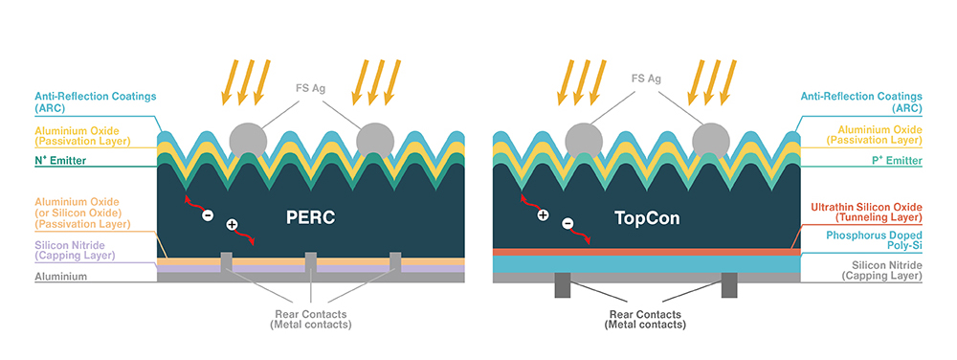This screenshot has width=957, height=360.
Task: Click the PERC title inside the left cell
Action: tap(311, 217)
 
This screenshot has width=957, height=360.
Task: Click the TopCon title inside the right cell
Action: tap(647, 217)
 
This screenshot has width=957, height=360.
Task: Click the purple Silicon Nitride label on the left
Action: tap(76, 250)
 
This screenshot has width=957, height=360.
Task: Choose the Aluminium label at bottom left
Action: tap(61, 277)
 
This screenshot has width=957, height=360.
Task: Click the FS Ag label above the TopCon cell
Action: tap(646, 78)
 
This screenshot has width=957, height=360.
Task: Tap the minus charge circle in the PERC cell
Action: tap(207, 215)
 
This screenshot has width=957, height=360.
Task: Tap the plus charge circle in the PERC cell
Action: tap(232, 225)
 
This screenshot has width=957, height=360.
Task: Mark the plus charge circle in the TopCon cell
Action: tap(543, 215)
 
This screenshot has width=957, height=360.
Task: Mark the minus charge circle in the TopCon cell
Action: tap(568, 225)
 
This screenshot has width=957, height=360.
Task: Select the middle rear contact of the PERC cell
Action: tap(310, 262)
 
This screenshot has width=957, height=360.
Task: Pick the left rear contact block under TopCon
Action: tap(562, 284)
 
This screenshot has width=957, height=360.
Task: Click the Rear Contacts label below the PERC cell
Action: tap(310, 319)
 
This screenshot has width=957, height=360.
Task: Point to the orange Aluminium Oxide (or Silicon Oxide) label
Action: tap(76, 213)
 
